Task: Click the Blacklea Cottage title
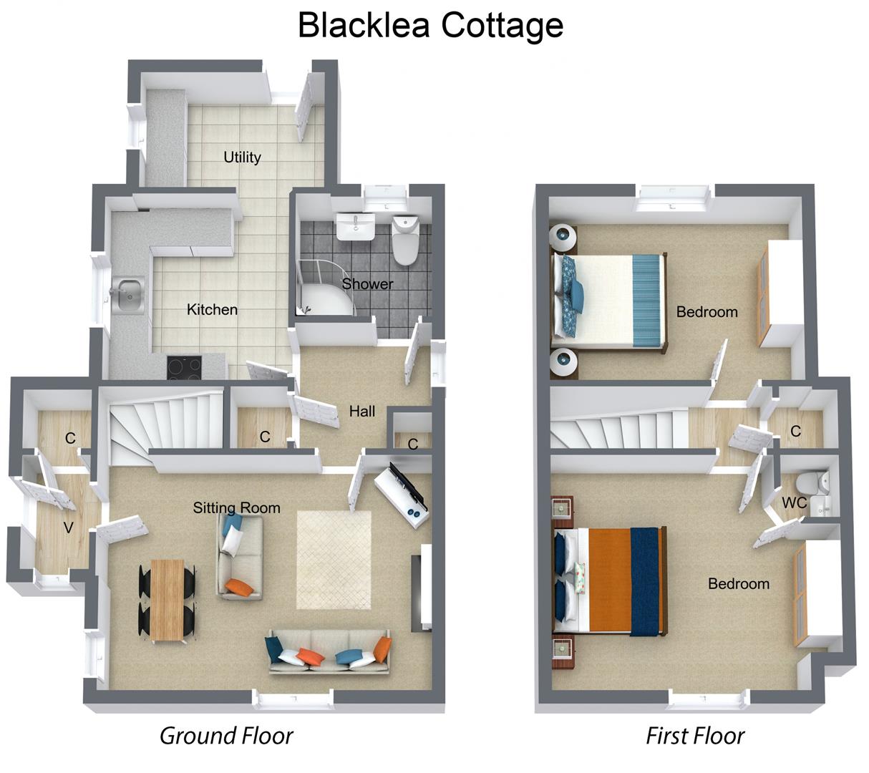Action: [x=430, y=25]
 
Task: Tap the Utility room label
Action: [x=242, y=157]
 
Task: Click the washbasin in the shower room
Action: [x=355, y=228]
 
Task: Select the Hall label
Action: [x=361, y=411]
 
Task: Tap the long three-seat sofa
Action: [x=329, y=652]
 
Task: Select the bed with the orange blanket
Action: [x=611, y=580]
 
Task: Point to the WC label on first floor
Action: [x=794, y=502]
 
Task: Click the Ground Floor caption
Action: [x=226, y=735]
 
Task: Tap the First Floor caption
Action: [x=695, y=735]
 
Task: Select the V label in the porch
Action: [x=69, y=528]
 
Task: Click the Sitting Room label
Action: [x=236, y=507]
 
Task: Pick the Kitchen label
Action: [x=212, y=309]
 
